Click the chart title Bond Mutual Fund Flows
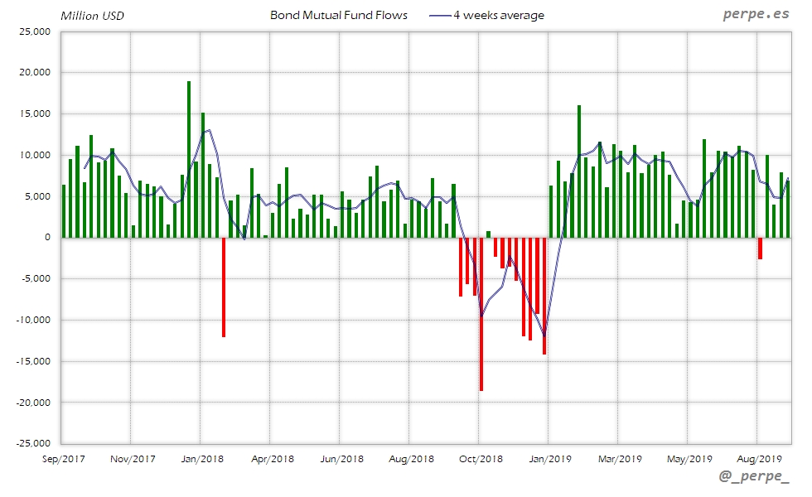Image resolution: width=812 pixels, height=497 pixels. click(339, 15)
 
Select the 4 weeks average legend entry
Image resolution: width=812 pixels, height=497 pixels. click(487, 15)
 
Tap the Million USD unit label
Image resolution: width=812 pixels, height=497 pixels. click(92, 16)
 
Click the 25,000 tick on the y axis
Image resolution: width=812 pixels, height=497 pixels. click(36, 31)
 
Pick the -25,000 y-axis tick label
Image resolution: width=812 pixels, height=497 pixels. click(34, 443)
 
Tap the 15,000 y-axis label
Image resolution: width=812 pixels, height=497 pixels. click(36, 113)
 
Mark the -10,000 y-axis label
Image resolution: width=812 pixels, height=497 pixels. click(34, 320)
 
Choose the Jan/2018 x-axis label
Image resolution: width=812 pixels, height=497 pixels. click(201, 458)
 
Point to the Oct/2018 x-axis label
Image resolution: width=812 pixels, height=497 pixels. click(480, 458)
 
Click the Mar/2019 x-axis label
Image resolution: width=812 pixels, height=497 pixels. click(619, 458)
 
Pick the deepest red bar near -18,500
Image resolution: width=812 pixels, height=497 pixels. click(481, 314)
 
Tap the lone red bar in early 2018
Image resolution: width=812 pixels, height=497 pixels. click(224, 287)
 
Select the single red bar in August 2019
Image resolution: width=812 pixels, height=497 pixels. click(760, 248)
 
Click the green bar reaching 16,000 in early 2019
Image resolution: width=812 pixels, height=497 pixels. click(579, 171)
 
